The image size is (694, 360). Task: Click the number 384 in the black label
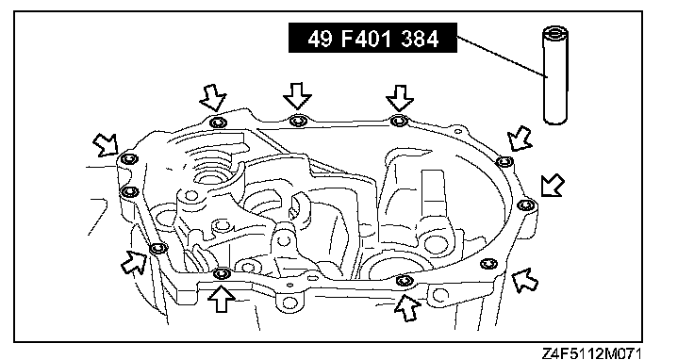[x=420, y=39]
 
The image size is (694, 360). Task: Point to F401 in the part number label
[x=366, y=39]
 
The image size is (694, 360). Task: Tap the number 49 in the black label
[x=320, y=39]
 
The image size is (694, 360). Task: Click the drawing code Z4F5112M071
[x=591, y=353]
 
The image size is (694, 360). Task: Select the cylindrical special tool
[x=555, y=75]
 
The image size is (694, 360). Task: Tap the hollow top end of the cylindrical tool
[x=555, y=33]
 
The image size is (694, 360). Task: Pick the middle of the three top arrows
[x=297, y=95]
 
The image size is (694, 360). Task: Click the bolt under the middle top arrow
[x=297, y=121]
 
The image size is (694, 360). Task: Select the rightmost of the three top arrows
[x=400, y=98]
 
